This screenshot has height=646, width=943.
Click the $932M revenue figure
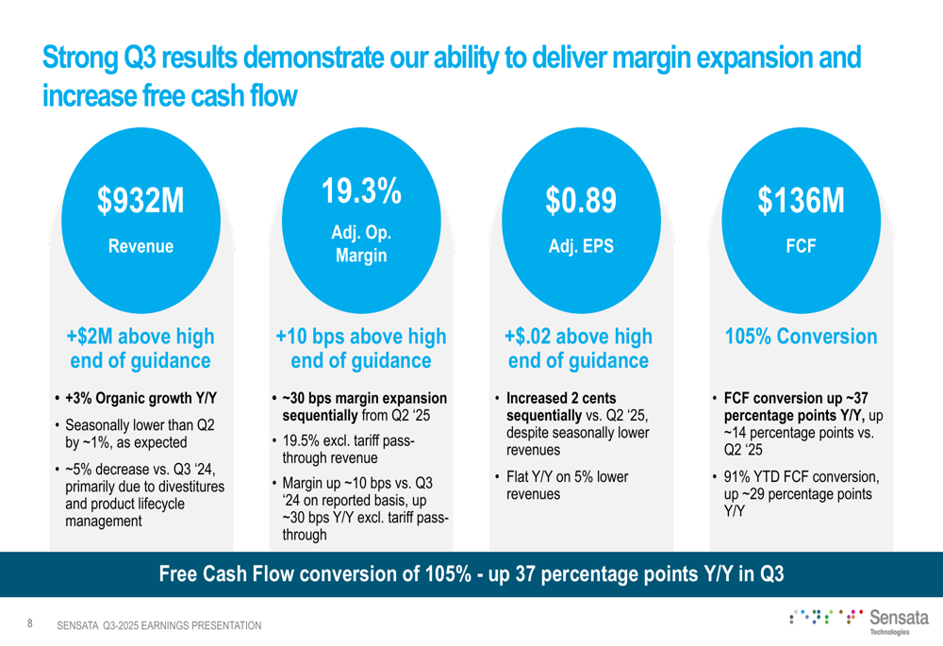click(x=141, y=201)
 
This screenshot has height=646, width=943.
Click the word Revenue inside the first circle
click(x=141, y=246)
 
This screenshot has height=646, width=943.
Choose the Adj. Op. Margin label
click(x=361, y=243)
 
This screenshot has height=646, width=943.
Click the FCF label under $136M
click(x=801, y=246)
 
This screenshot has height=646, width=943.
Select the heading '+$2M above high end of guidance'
click(x=141, y=349)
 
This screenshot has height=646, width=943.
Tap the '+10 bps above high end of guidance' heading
click(x=361, y=349)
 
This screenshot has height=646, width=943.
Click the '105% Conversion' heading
click(x=801, y=337)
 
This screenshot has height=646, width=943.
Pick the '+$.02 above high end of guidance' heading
click(x=579, y=349)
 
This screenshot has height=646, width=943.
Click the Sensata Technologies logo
click(x=853, y=621)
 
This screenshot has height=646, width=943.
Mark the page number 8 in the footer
click(x=30, y=623)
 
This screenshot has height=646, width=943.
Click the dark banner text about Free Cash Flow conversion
click(x=471, y=573)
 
